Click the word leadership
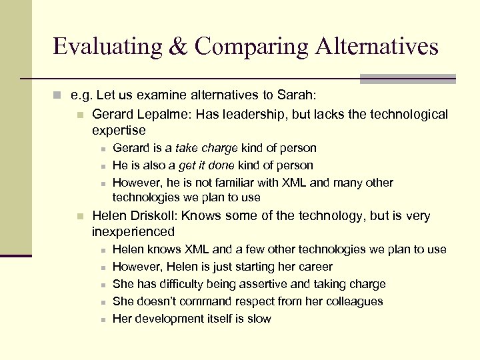[257, 115]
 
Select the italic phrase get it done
[207, 165]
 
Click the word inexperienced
[133, 232]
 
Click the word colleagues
[353, 301]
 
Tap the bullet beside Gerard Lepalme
[80, 115]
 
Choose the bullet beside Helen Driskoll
[80, 217]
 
